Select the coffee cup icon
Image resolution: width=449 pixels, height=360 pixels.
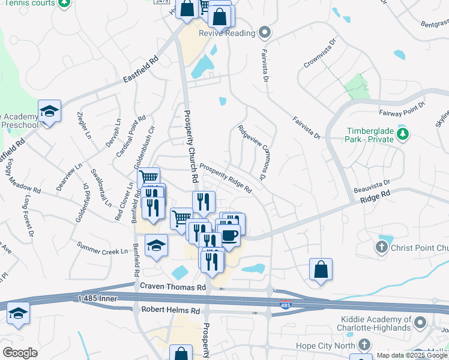coord(231,234)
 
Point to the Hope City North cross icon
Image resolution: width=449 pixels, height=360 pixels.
coord(363,344)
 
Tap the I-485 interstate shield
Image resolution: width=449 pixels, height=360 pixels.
coord(286,305)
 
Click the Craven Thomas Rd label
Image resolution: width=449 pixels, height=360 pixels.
coord(173,288)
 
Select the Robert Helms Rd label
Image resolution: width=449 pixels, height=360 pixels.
coord(170,311)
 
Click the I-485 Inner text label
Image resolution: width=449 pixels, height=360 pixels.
coord(100,298)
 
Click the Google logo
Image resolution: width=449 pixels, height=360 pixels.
coord(20,353)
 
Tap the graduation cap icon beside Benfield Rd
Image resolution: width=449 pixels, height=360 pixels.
coord(156,245)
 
